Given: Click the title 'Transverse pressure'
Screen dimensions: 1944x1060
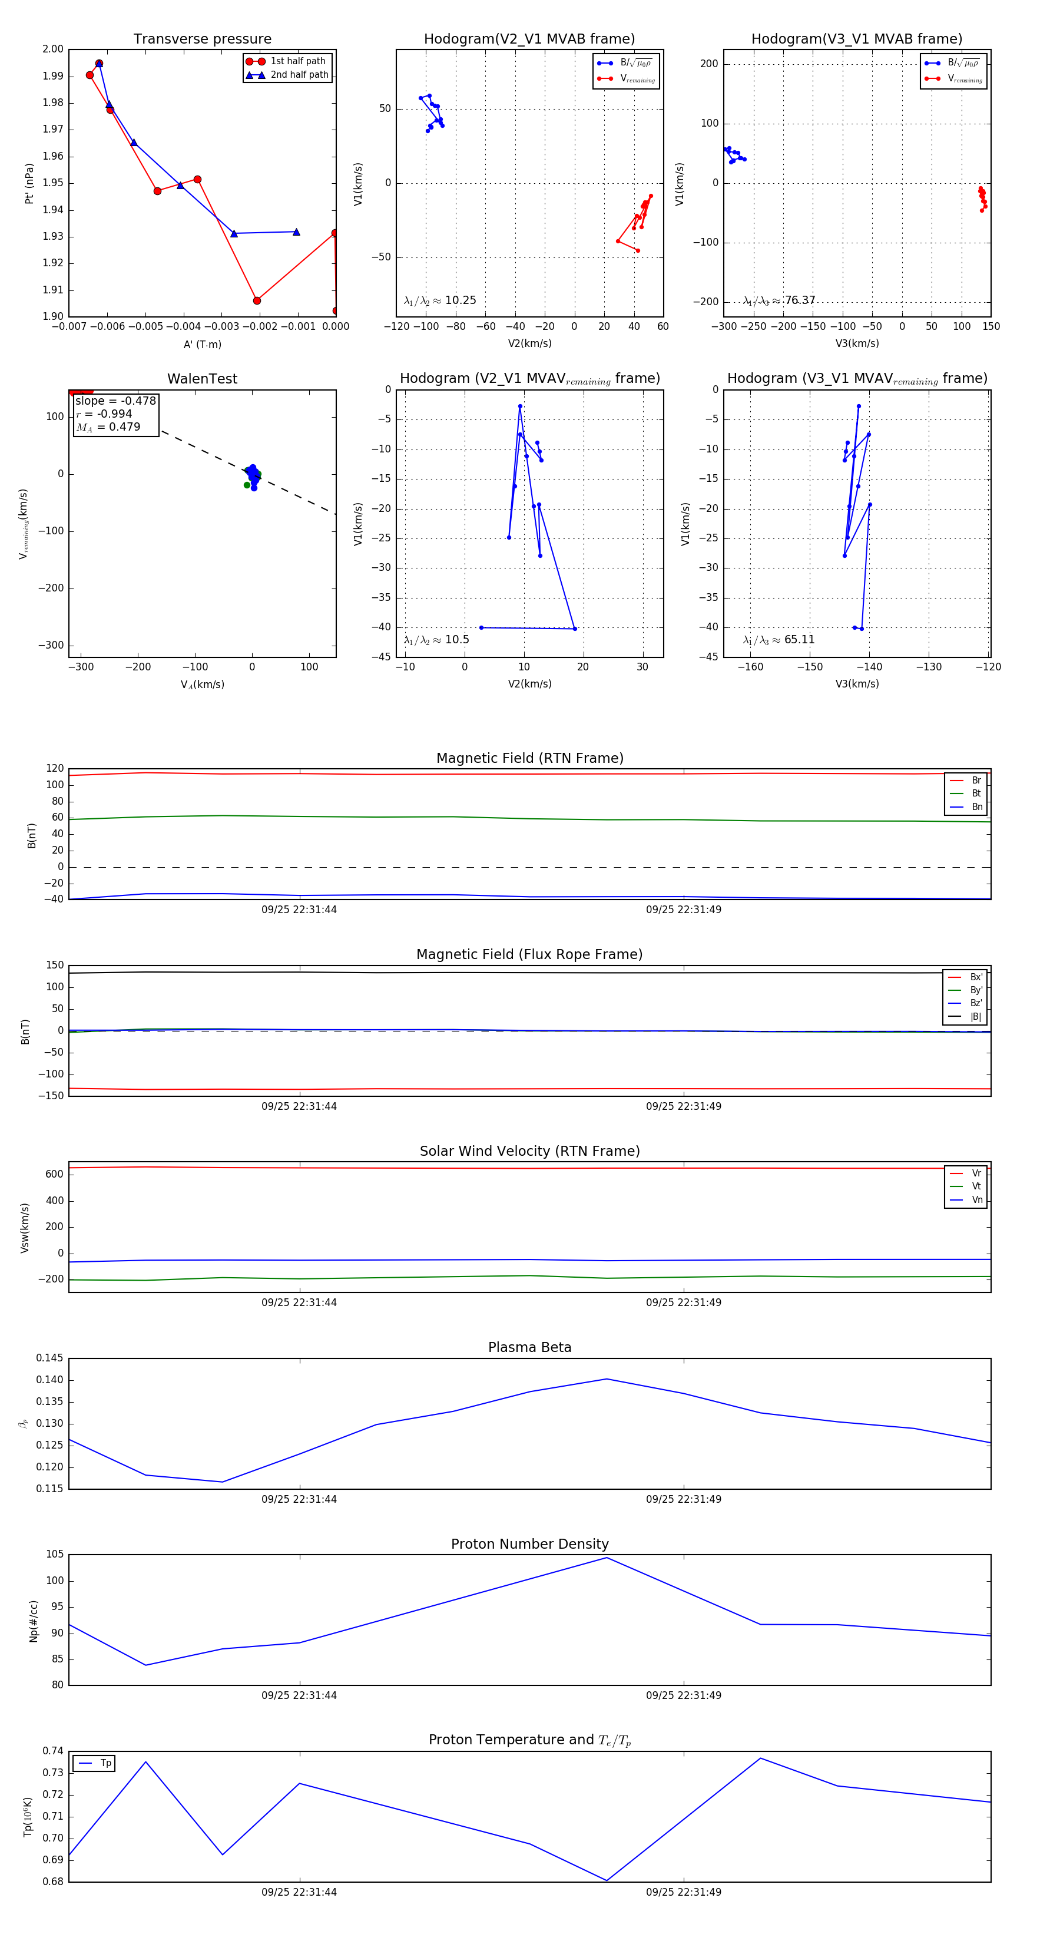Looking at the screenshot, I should (202, 39).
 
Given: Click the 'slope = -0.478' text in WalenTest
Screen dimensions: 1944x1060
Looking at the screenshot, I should (115, 401).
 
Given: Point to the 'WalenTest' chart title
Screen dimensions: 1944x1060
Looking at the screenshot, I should (202, 379).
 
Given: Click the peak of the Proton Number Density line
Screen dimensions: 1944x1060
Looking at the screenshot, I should (607, 1558).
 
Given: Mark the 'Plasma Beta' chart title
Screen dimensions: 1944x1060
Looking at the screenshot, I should (529, 1348).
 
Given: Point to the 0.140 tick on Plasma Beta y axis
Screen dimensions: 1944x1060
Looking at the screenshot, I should (50, 1380).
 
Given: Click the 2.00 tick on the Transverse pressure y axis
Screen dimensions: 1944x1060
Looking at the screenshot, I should (53, 49).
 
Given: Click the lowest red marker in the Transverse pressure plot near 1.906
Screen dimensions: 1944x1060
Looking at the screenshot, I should (257, 300).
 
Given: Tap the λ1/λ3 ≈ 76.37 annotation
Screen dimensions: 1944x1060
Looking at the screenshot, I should (779, 300).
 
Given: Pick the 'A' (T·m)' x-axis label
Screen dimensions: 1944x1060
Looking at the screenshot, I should (202, 345).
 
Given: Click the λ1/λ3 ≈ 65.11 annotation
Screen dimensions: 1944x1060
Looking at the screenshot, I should (779, 640).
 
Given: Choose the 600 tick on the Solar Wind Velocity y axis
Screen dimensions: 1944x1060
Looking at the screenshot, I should (54, 1174).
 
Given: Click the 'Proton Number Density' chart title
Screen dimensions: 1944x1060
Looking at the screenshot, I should (529, 1544).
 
